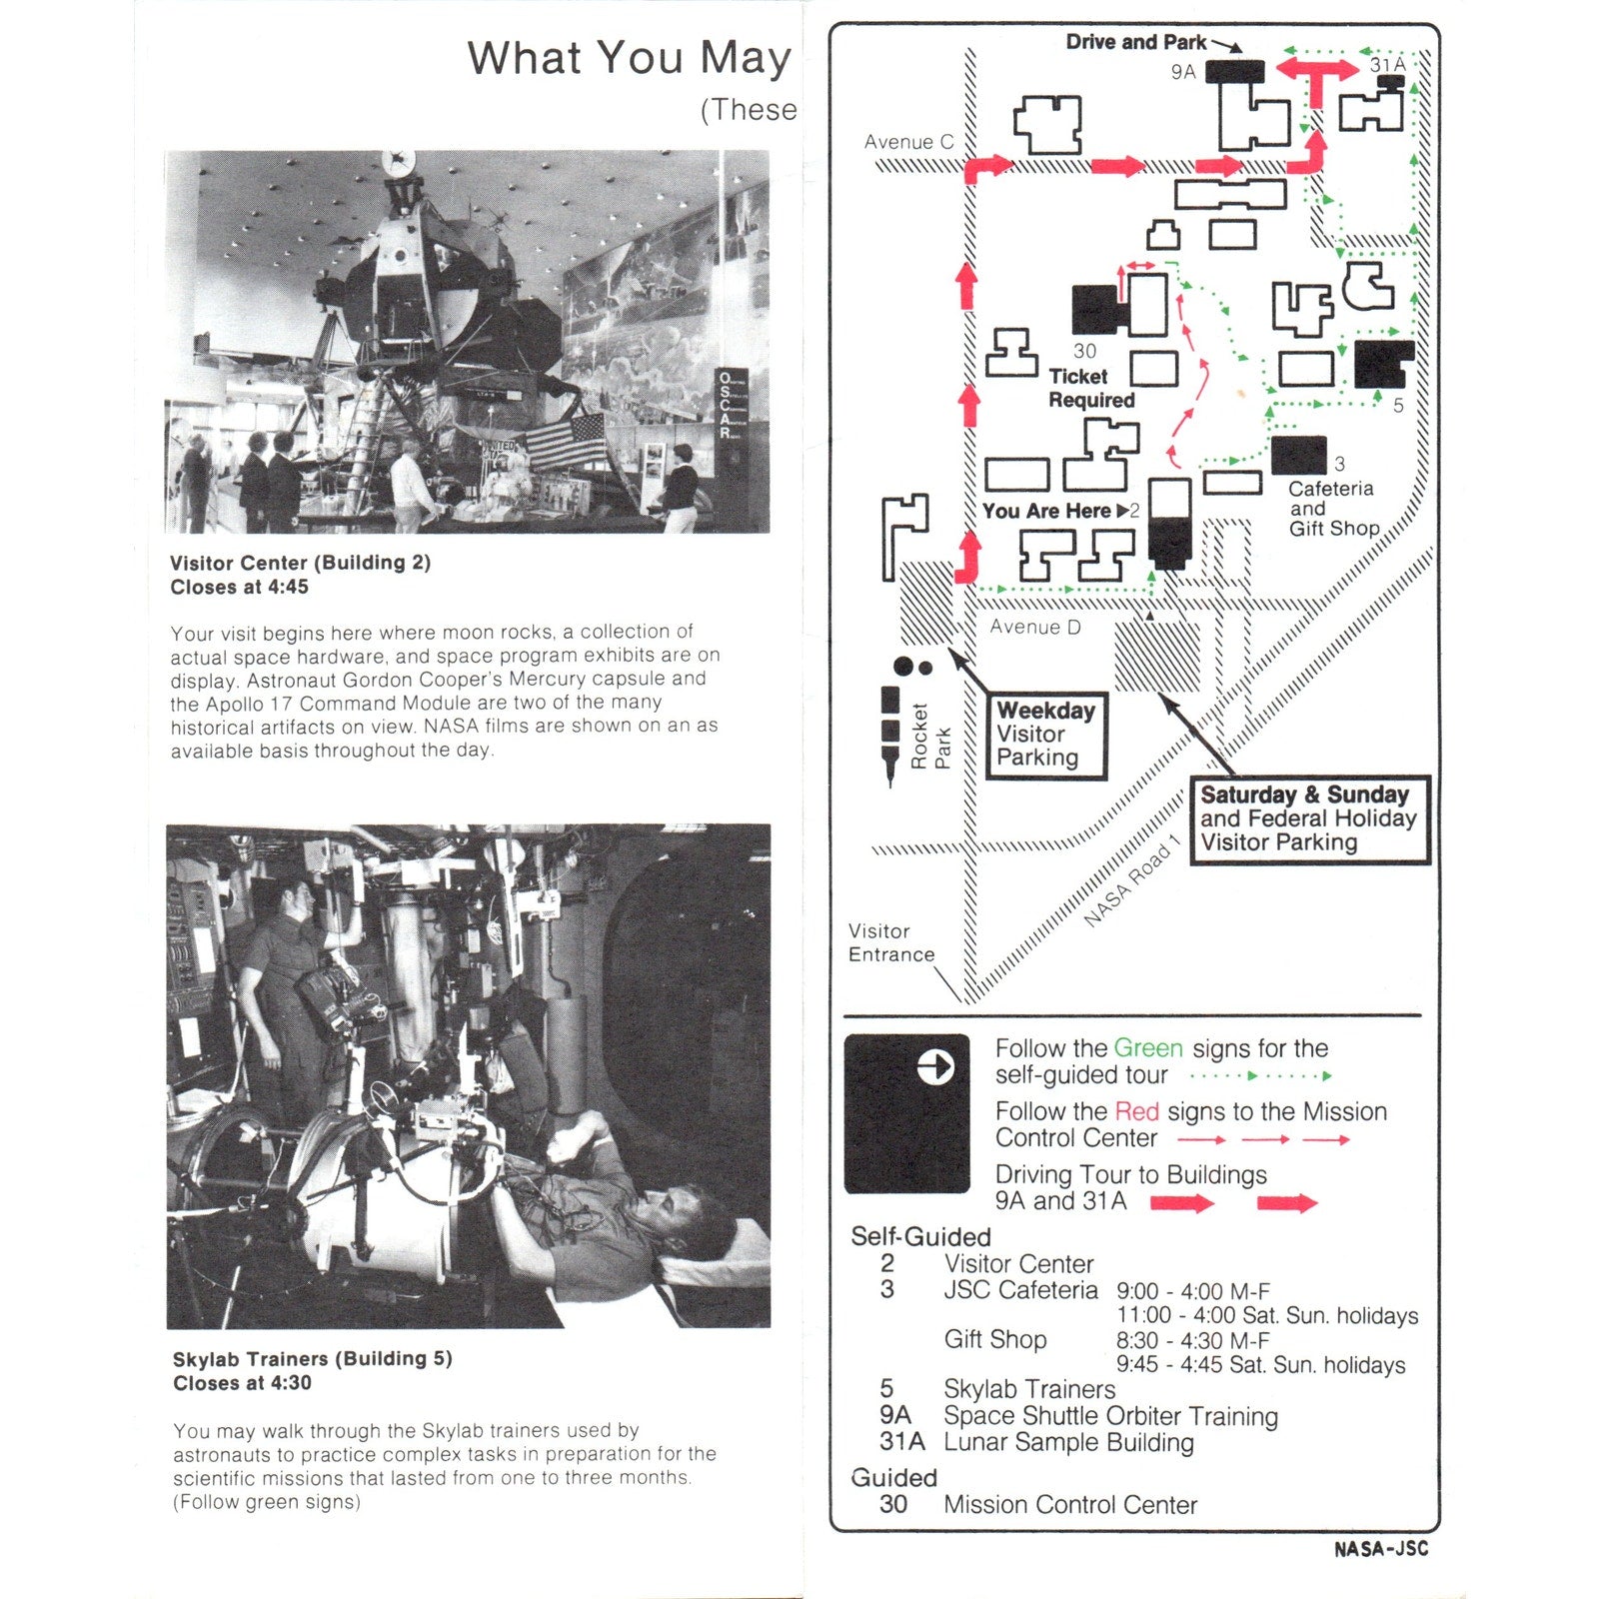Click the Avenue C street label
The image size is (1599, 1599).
point(908,142)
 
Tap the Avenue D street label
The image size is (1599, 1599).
point(1035,627)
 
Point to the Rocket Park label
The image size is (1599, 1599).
point(930,737)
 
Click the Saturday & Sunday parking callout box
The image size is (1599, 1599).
point(1309,818)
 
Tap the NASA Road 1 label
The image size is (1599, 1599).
point(1133,879)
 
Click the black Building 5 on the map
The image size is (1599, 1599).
point(1384,364)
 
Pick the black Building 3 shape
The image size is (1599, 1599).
point(1299,455)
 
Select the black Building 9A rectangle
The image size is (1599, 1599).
point(1235,71)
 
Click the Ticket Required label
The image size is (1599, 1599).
point(1091,388)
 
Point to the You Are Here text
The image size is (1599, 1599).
point(1046,511)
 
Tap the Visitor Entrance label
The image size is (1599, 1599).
point(891,942)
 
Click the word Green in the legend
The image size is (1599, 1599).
point(1148,1048)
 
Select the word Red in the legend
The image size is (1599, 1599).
point(1136,1111)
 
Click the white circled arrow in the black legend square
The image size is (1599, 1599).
point(935,1067)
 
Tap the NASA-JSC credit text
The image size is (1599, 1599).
point(1381,1549)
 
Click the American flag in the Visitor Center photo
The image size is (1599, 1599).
point(566,441)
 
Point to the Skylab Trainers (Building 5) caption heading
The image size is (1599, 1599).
point(312,1359)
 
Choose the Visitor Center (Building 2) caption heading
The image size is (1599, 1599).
point(300,563)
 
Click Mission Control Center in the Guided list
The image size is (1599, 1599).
point(1070,1504)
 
